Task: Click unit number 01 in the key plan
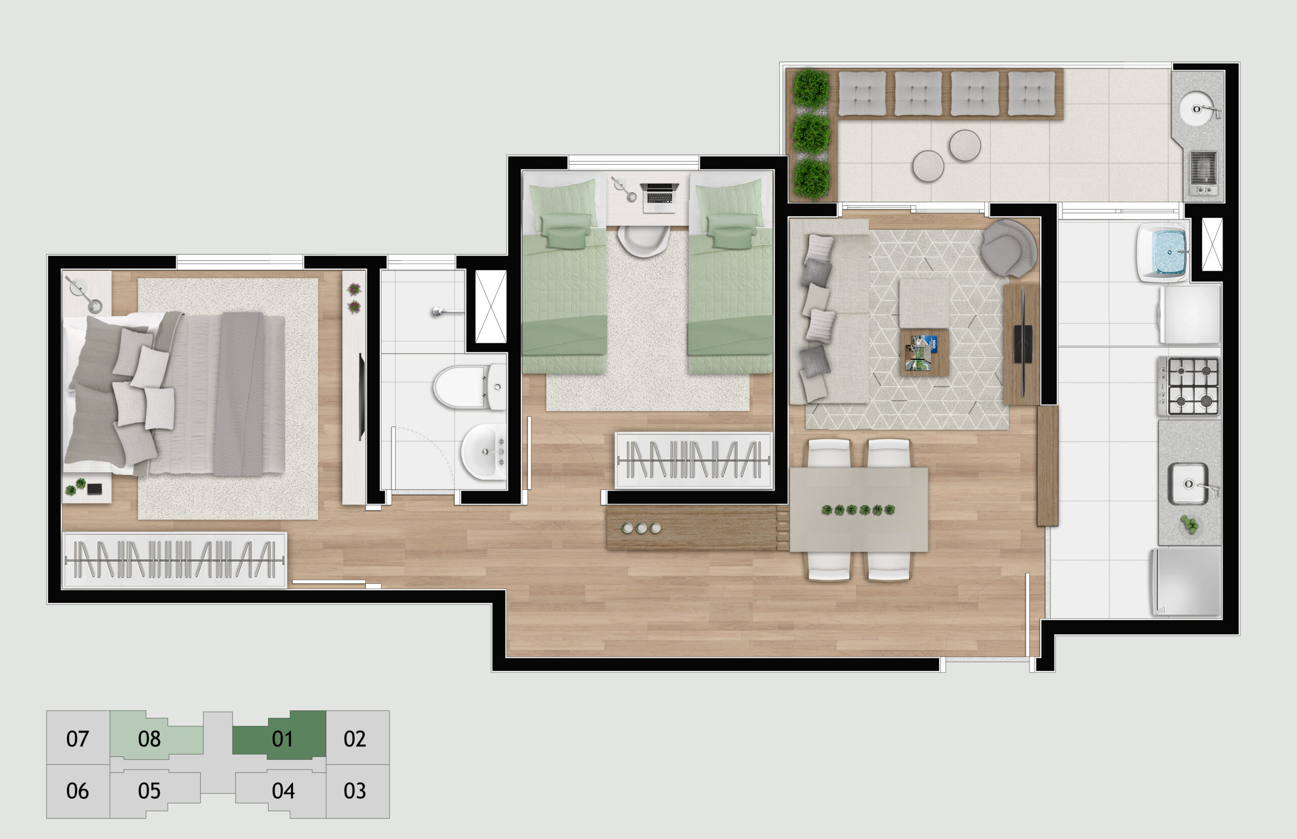click(282, 739)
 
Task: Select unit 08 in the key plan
click(149, 739)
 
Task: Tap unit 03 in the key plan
click(354, 790)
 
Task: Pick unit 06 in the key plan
click(78, 790)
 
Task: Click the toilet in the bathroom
click(470, 387)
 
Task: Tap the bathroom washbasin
click(484, 452)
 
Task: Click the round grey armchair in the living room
click(1009, 248)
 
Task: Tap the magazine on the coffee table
click(921, 352)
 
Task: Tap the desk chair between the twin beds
click(643, 241)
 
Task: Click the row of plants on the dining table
click(858, 510)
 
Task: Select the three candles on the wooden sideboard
click(641, 528)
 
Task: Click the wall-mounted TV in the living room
click(1023, 344)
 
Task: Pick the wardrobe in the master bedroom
click(174, 560)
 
